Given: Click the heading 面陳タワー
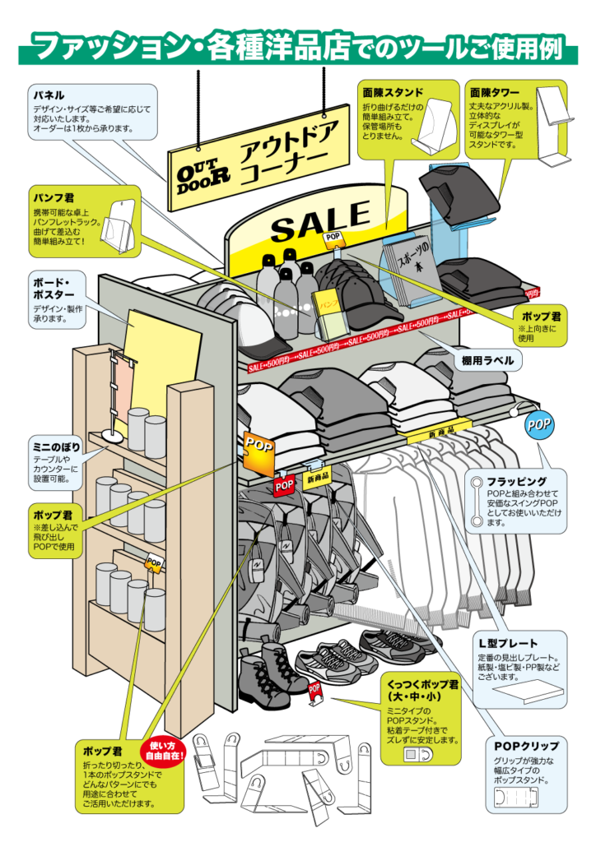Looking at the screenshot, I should click(494, 92).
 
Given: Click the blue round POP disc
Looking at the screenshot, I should click(539, 425).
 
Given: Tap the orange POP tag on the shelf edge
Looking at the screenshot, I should click(258, 446).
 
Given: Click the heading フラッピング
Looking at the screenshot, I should click(515, 480).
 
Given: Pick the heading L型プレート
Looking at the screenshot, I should click(508, 643).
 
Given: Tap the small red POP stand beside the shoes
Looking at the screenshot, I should click(314, 693).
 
